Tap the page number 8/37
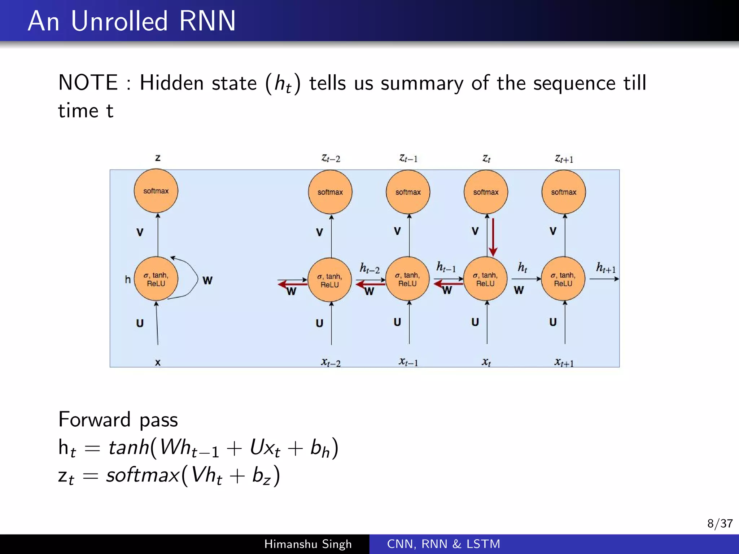click(720, 523)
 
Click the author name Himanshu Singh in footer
click(308, 544)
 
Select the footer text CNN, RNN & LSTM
click(443, 544)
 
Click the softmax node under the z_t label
click(486, 192)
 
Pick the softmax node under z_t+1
click(564, 192)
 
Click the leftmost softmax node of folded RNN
click(156, 191)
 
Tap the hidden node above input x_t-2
click(329, 280)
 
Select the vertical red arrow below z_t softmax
click(493, 236)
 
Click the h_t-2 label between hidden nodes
click(369, 268)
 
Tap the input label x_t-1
click(408, 362)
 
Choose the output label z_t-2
click(331, 158)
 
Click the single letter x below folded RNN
click(158, 362)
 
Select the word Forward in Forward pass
click(95, 419)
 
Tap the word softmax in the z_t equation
click(143, 475)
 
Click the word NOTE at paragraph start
click(88, 83)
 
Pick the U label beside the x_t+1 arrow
click(553, 322)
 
